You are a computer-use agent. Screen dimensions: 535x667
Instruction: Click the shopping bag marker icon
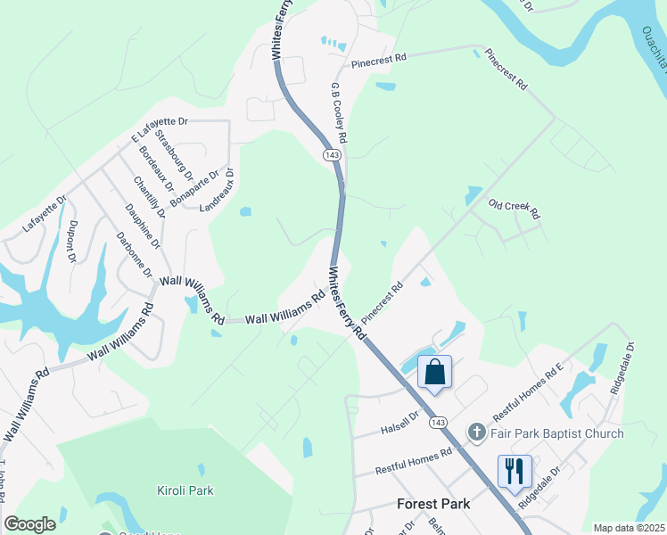(x=434, y=371)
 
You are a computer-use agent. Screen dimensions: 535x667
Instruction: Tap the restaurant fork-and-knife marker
(x=515, y=470)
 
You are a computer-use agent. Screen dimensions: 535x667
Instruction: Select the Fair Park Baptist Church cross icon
(x=477, y=433)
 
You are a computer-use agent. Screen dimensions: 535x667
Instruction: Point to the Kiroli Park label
(x=185, y=490)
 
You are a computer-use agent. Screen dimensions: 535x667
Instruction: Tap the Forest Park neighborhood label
(x=432, y=504)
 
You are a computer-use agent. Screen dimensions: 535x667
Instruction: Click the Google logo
(x=29, y=524)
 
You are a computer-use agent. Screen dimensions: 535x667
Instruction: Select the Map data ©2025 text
(x=628, y=528)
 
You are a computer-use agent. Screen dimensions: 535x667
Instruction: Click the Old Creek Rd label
(x=515, y=209)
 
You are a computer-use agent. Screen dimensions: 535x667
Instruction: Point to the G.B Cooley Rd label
(x=339, y=114)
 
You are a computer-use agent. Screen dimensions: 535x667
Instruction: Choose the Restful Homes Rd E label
(x=531, y=391)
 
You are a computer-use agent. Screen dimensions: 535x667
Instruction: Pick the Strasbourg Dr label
(x=174, y=152)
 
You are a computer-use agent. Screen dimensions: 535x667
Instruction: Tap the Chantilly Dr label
(x=149, y=197)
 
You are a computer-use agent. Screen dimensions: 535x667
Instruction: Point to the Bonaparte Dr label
(x=194, y=189)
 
